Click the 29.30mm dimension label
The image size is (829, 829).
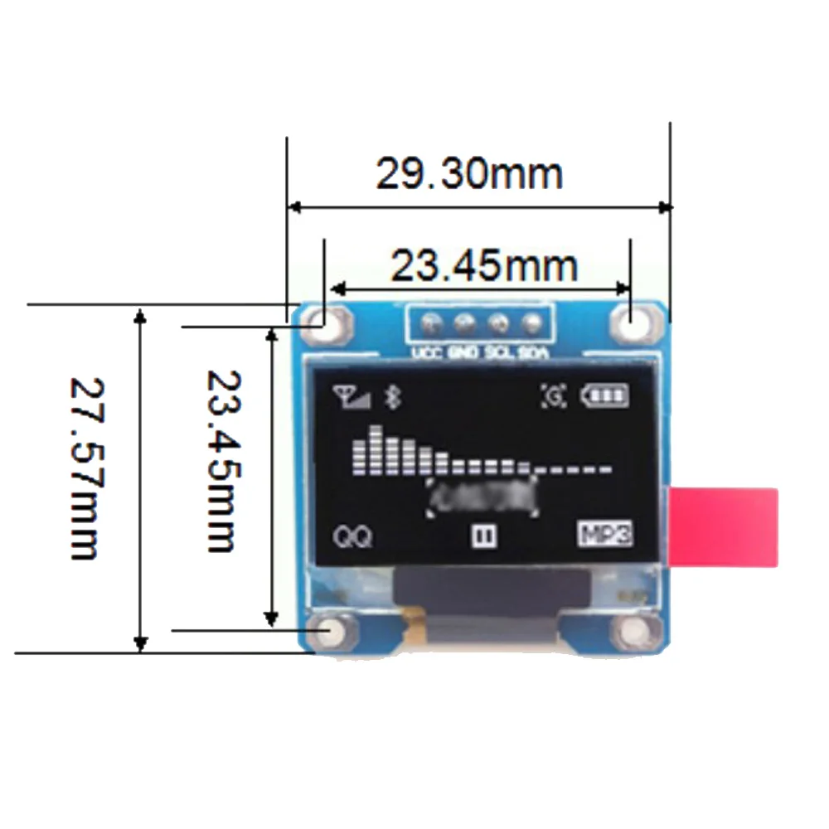tap(469, 174)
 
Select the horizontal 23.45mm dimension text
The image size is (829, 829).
tap(483, 266)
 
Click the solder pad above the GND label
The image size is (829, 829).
tap(463, 323)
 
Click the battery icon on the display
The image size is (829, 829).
tap(605, 395)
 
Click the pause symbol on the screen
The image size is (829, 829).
tap(483, 536)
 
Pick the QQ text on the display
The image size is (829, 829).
tap(353, 537)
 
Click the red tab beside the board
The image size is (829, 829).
tap(724, 527)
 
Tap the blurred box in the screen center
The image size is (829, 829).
tap(483, 496)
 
